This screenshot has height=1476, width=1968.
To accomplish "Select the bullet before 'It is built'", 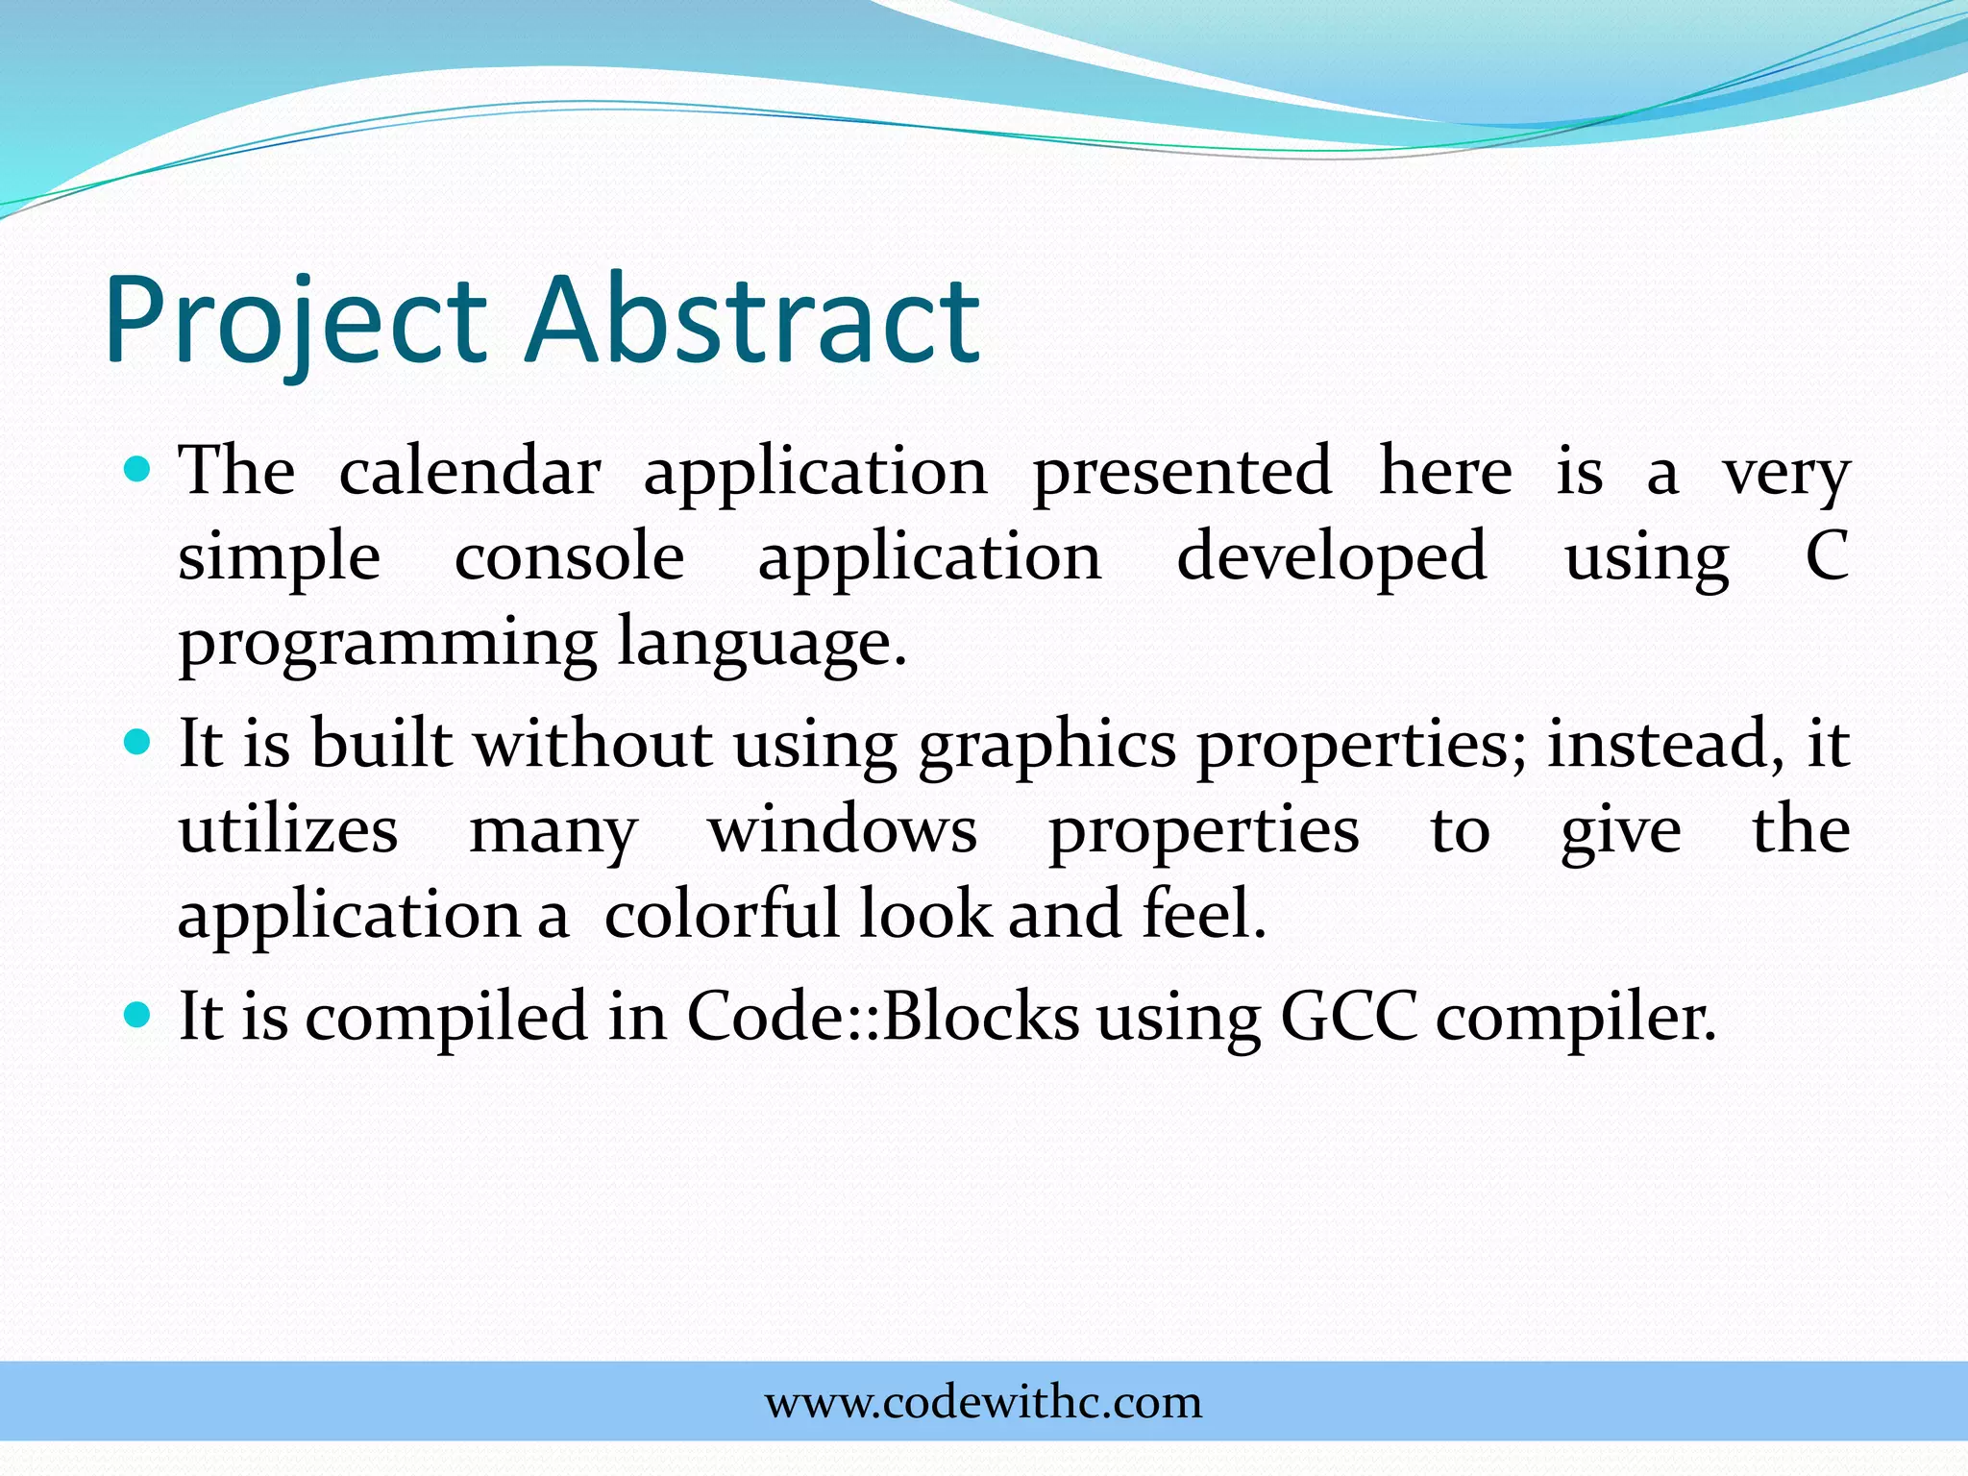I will click(x=139, y=743).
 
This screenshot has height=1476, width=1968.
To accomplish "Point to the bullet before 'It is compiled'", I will click(x=139, y=1015).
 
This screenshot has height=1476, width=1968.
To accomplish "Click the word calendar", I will click(x=470, y=472).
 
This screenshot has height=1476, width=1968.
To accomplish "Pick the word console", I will click(x=569, y=557).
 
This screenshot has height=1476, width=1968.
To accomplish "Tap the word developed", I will click(x=1332, y=557).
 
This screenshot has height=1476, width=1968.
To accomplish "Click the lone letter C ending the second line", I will click(x=1827, y=556).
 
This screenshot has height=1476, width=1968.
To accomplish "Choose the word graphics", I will click(x=1046, y=746).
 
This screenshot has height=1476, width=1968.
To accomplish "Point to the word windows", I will click(x=843, y=830).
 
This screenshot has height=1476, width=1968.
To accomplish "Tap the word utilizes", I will click(x=288, y=830).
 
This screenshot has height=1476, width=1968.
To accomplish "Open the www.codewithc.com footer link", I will click(x=983, y=1403).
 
